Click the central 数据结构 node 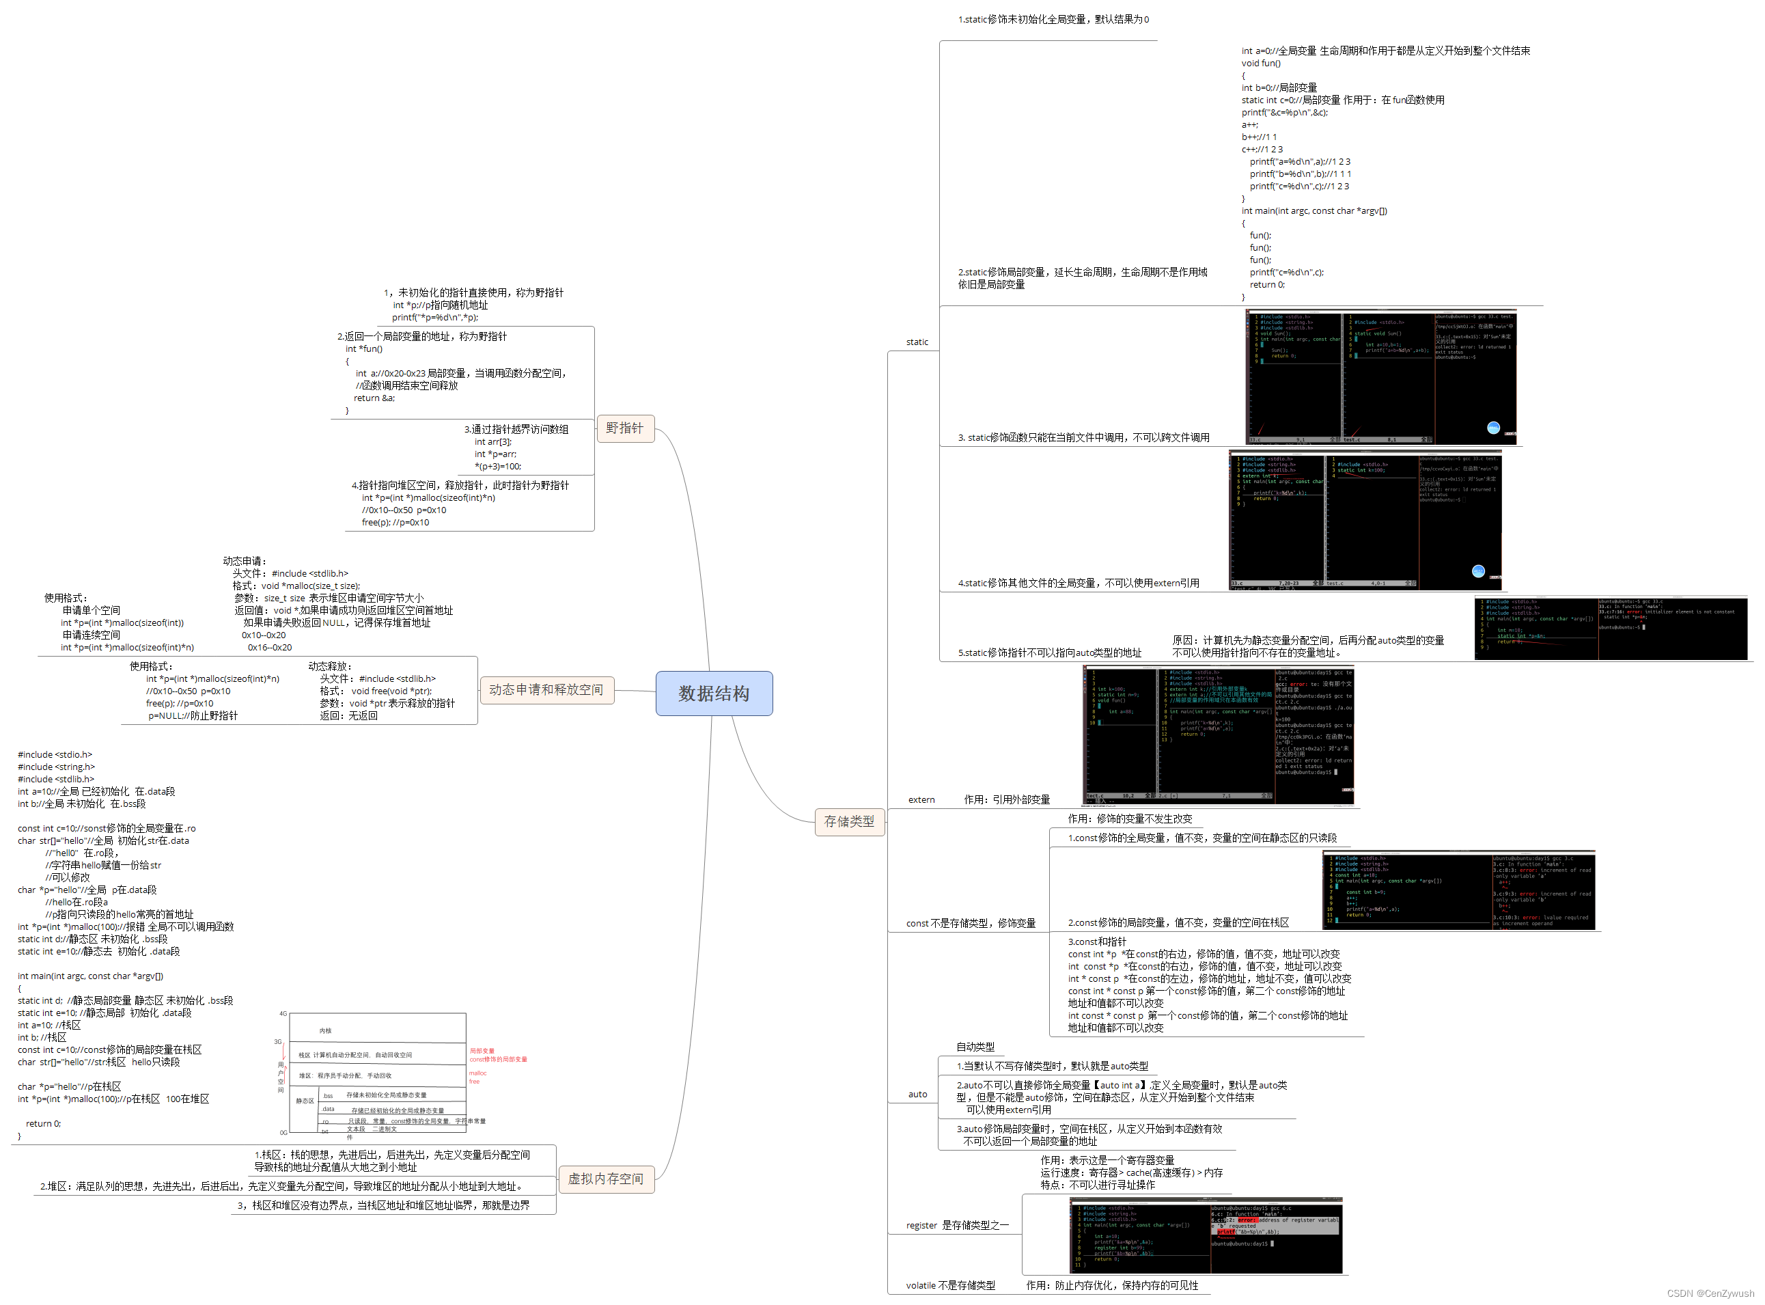[x=713, y=693]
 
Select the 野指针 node [x=625, y=428]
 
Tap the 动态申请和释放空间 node [x=546, y=690]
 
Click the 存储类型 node [x=849, y=821]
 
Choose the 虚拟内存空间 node [x=606, y=1179]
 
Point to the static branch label [x=917, y=342]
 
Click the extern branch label [x=921, y=799]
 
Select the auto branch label [x=917, y=1094]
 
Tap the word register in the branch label [x=921, y=1225]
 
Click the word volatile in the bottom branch [x=921, y=1285]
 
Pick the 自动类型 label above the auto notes [x=975, y=1047]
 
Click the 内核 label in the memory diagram [x=325, y=1031]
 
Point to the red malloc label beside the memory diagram [x=477, y=1073]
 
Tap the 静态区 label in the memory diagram [x=305, y=1101]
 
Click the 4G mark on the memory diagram [x=283, y=1013]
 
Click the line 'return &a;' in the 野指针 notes [x=374, y=398]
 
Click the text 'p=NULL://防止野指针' [x=193, y=715]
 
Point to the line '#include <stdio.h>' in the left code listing [x=55, y=754]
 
